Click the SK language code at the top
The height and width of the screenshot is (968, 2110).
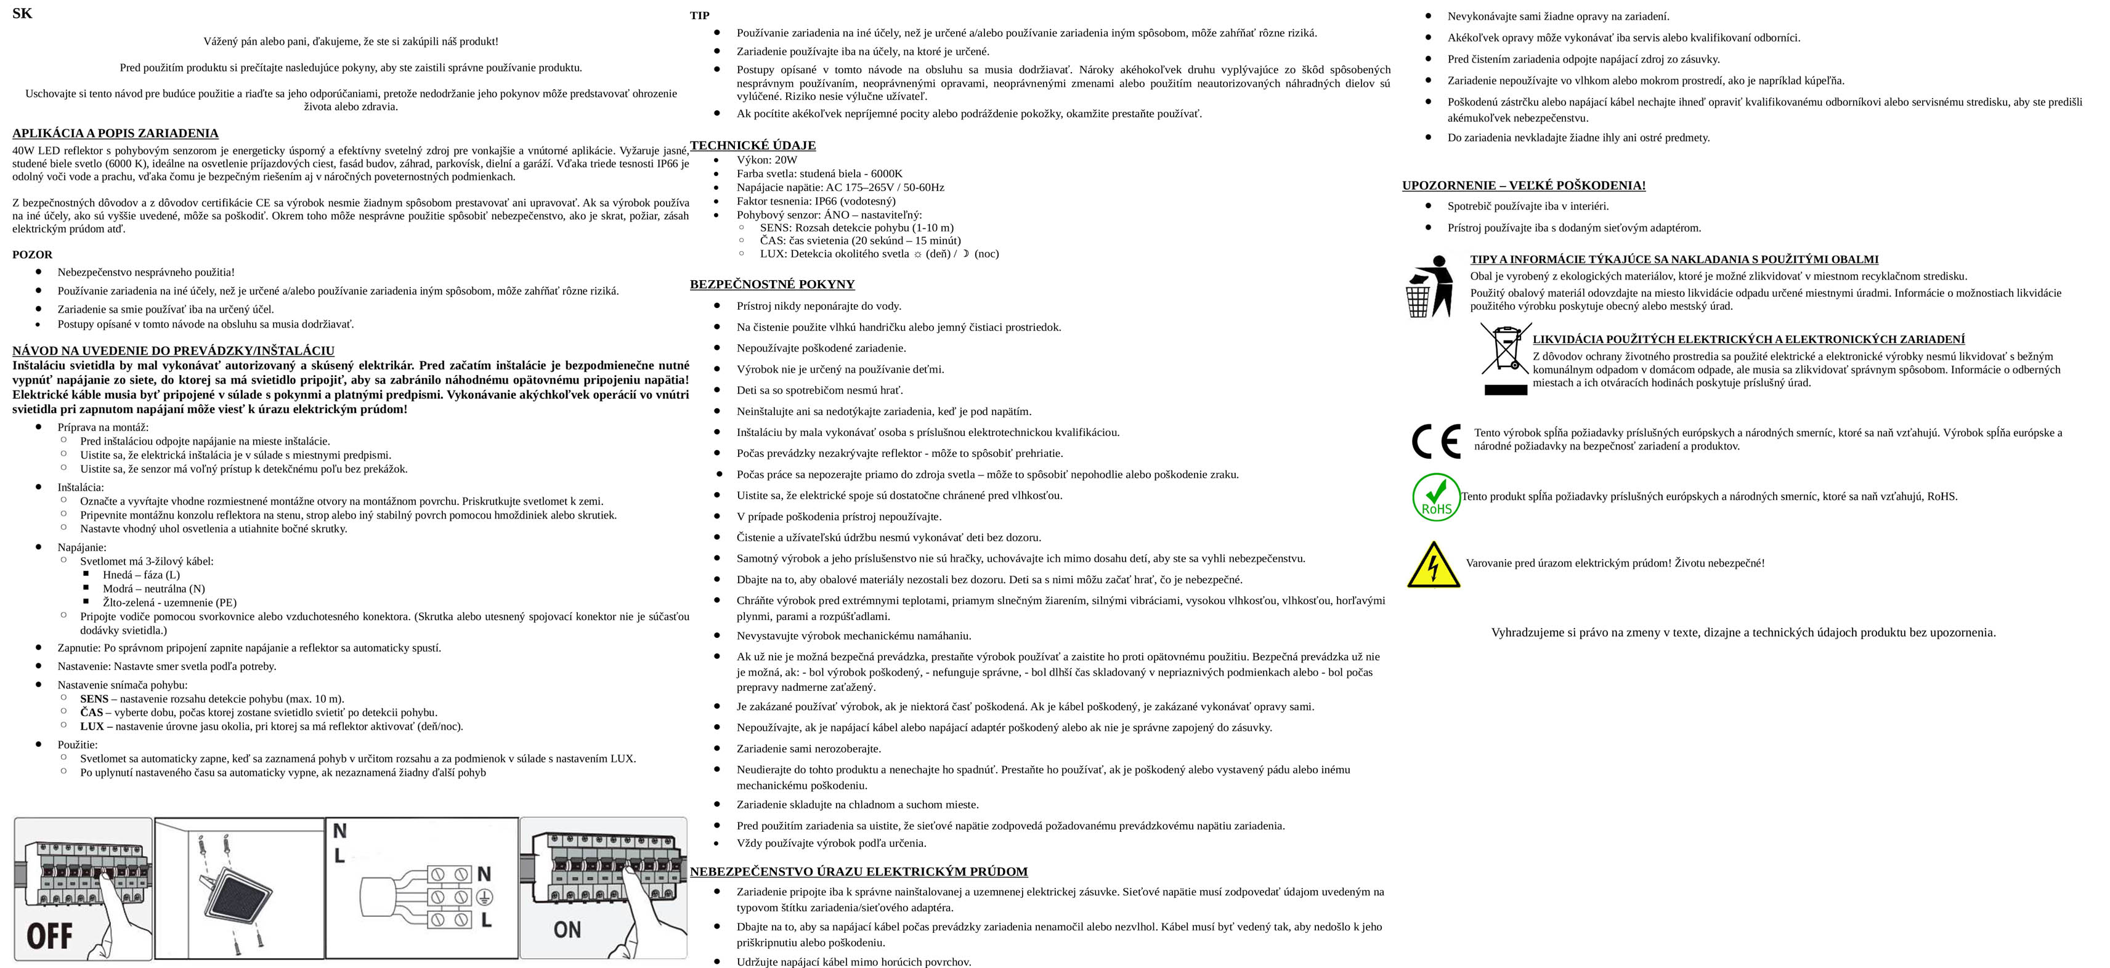click(x=22, y=13)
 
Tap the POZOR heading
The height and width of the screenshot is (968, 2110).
click(x=32, y=255)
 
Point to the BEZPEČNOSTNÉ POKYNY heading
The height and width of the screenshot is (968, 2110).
click(x=771, y=284)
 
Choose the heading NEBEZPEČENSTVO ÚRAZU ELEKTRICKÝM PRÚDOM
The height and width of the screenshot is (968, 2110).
click(x=858, y=871)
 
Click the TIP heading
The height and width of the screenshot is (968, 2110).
click(x=699, y=15)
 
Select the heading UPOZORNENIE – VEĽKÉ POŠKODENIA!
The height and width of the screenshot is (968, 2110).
click(x=1524, y=186)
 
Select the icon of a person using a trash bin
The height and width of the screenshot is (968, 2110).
click(x=1429, y=286)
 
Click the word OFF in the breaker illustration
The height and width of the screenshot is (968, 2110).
click(x=49, y=935)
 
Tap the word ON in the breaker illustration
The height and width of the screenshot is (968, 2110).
click(x=567, y=929)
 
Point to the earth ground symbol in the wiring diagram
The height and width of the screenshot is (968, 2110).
click(x=484, y=897)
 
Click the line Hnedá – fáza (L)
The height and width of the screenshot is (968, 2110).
click(x=141, y=575)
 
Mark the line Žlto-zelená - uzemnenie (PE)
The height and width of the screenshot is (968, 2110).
click(x=169, y=603)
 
